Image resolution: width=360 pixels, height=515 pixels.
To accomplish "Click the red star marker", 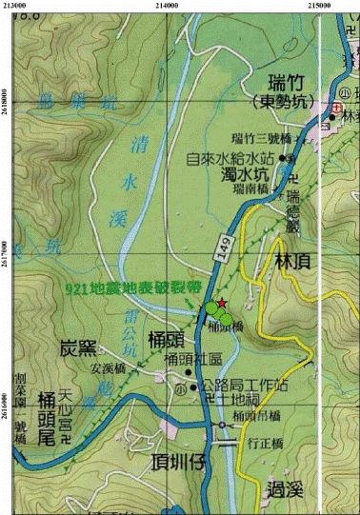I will (221, 303).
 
